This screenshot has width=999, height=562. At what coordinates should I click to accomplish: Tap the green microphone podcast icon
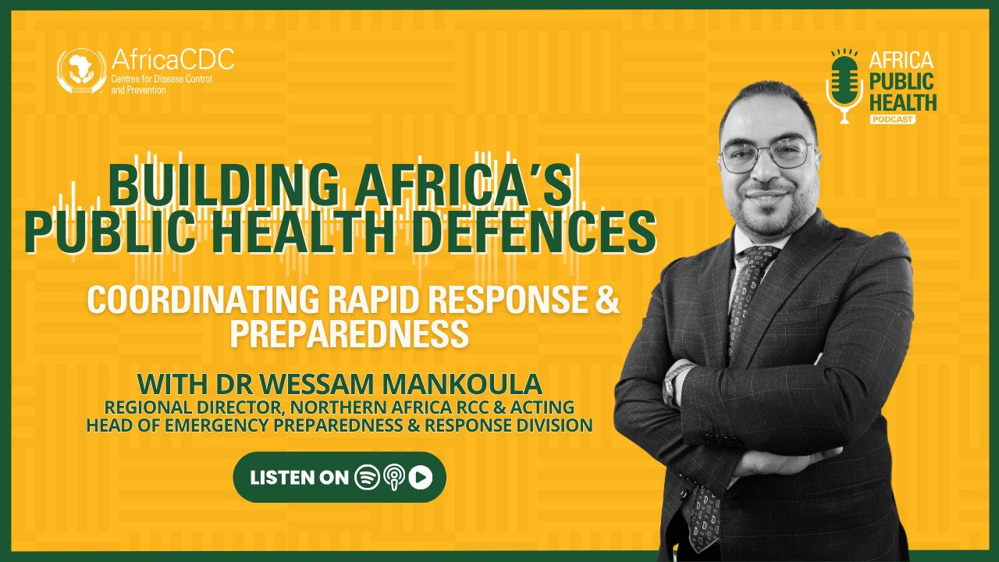click(844, 86)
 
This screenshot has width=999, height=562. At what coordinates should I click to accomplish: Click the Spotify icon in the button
click(367, 477)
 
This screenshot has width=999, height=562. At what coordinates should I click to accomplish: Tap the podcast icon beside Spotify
click(394, 478)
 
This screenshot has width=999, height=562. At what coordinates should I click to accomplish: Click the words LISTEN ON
click(299, 478)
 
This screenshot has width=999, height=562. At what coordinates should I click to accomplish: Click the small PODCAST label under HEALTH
click(892, 119)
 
